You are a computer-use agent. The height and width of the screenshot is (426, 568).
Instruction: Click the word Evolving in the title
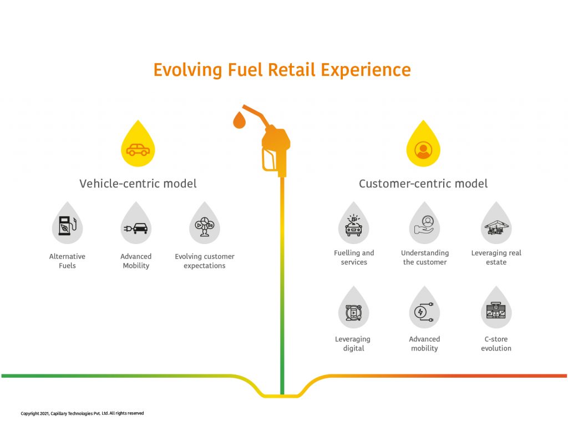coord(187,70)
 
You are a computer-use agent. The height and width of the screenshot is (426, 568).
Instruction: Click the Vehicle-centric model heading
coord(138,184)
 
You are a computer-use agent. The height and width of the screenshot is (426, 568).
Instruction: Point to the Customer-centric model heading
coord(423,184)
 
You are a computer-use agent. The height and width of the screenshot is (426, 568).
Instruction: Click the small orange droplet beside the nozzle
coord(239,120)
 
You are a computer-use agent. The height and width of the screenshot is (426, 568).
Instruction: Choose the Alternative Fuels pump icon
coord(68,226)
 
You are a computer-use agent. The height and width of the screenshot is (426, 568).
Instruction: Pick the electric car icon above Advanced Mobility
coord(136,228)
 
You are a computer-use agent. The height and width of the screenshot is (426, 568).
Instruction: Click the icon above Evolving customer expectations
coord(205,227)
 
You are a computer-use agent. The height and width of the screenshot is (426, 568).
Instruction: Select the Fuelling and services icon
coord(354,225)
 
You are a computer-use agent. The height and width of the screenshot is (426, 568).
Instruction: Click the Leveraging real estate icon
coord(496,227)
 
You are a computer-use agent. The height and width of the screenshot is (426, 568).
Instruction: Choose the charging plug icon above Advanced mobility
coord(424,312)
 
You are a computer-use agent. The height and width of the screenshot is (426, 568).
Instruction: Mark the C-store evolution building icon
coord(496,310)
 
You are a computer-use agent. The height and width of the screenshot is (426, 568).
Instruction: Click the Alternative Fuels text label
coord(67,261)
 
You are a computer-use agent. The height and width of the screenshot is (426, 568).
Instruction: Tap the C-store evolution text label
coord(496,343)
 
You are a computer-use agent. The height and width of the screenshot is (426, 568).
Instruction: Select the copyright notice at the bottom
coord(82,413)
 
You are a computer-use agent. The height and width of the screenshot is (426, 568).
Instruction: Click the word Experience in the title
coord(366,70)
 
